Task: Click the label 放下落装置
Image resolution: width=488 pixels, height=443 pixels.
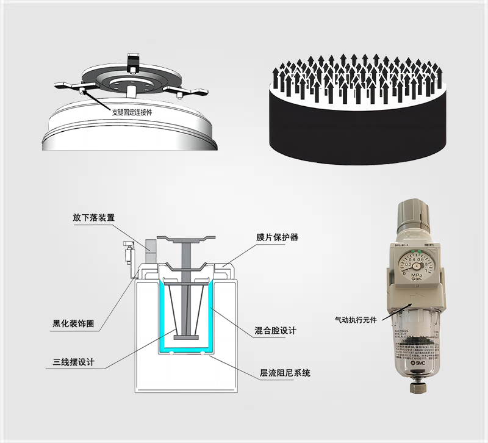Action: [x=93, y=217]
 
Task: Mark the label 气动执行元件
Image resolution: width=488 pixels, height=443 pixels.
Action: [x=356, y=319]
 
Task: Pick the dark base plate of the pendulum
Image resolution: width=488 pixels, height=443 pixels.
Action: [x=185, y=337]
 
